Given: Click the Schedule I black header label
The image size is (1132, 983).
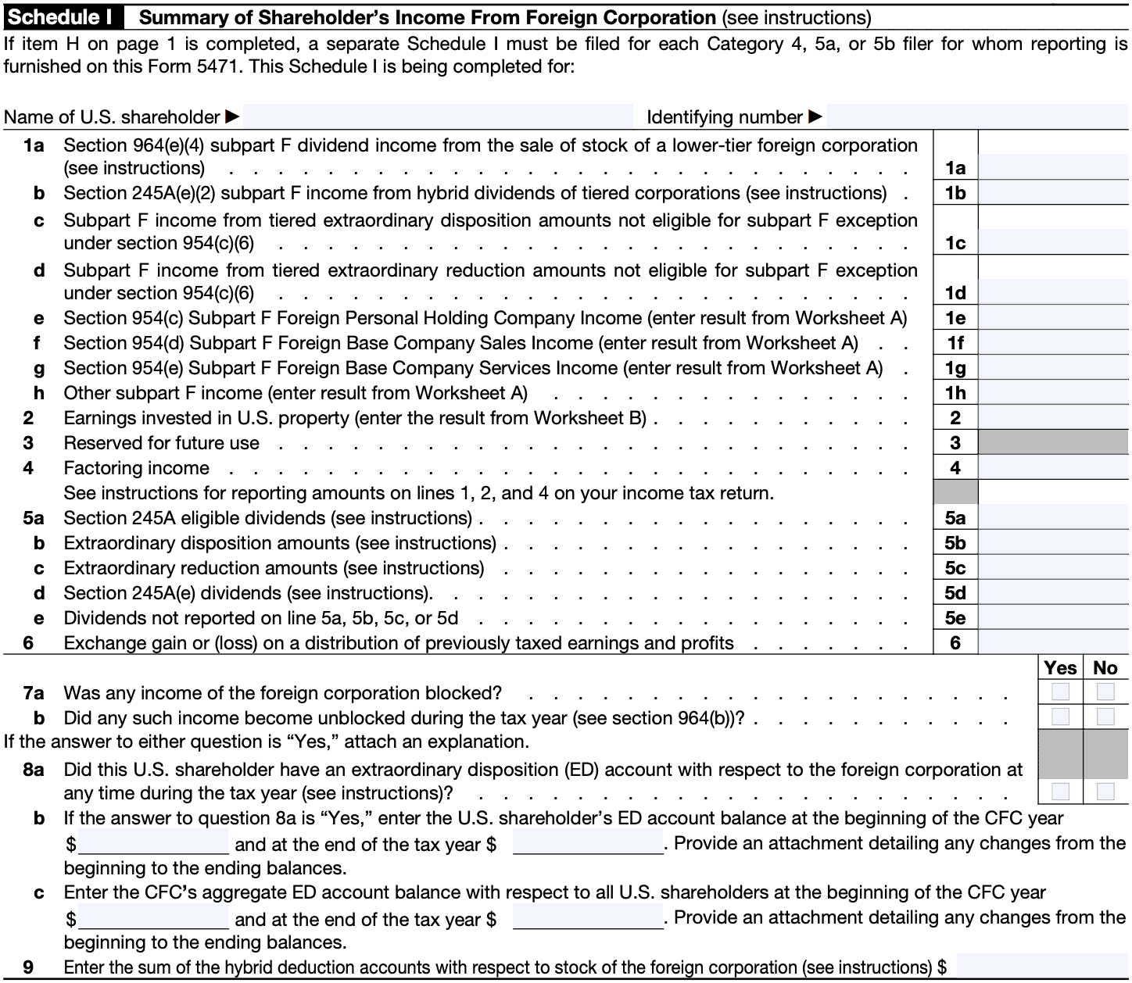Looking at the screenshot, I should (59, 17).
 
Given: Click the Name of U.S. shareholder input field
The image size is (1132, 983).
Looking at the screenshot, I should (438, 117).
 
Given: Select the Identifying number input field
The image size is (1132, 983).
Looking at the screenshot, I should (977, 117).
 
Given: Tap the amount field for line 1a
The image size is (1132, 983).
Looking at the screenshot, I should (1053, 167).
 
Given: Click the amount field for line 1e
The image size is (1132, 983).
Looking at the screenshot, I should (1053, 318).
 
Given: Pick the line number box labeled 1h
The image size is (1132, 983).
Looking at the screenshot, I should (955, 393).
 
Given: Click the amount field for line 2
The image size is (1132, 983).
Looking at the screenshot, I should (1053, 418).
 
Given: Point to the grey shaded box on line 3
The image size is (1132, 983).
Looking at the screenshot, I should (1053, 443).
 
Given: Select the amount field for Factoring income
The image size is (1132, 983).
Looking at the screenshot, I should (1053, 468).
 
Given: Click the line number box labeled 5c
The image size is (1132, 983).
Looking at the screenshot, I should (955, 568).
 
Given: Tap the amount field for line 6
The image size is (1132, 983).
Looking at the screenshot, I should (1053, 643).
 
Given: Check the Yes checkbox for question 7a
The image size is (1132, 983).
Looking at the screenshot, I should (1061, 692).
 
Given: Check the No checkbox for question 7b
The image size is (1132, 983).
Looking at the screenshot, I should (1105, 717).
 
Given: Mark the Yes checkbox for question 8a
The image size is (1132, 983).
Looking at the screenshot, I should (1061, 792).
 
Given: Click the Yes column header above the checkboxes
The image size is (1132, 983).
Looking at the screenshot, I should (1061, 668).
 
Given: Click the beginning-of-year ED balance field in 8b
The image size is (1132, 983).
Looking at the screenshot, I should (153, 844).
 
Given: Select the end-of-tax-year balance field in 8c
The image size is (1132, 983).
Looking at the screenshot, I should (588, 918).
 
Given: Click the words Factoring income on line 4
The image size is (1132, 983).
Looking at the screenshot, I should (137, 468).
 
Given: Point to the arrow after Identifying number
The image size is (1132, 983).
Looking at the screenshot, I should (815, 117).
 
